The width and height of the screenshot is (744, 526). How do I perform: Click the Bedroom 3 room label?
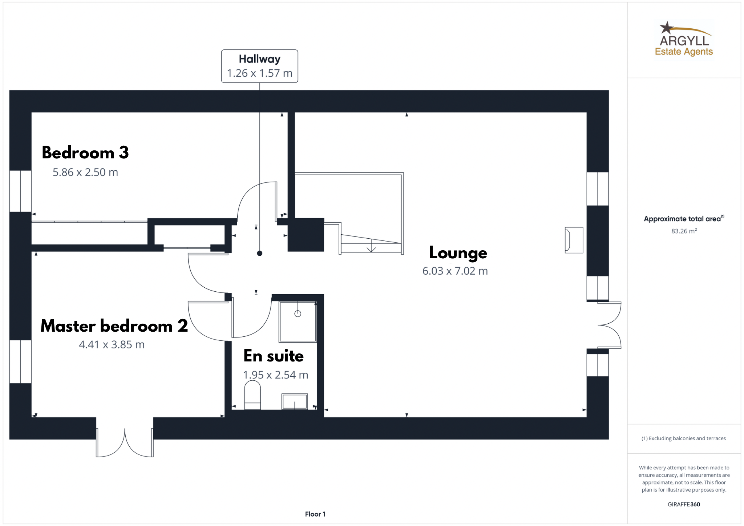point(85,153)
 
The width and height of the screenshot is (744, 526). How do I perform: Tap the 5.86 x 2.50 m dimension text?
point(85,172)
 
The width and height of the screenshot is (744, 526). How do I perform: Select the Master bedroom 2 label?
point(114,326)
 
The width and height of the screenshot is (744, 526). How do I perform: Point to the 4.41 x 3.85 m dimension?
point(112,344)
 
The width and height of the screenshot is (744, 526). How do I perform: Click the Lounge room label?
point(458,253)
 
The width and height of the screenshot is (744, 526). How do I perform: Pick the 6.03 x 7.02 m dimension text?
point(455,271)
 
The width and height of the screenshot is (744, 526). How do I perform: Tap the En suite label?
point(274,356)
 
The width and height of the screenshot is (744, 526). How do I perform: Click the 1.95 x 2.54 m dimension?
point(276,375)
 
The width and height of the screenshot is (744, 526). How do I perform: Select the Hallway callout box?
point(260,66)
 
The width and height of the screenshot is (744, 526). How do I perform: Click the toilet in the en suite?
point(252,395)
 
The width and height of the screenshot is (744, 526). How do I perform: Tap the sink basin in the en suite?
point(295,401)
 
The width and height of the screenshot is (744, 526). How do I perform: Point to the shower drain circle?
point(298,313)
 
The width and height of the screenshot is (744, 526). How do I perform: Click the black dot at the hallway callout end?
point(259,253)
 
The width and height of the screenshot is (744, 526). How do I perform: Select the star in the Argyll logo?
point(666,28)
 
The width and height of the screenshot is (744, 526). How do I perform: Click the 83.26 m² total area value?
point(684,231)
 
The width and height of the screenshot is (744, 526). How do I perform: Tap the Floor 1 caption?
point(315,514)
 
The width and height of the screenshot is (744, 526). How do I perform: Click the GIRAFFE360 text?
point(684,504)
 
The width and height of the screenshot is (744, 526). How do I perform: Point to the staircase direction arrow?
point(371,245)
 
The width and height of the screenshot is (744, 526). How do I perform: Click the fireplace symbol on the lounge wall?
point(574,240)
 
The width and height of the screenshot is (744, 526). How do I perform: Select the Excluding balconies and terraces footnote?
point(684,438)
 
